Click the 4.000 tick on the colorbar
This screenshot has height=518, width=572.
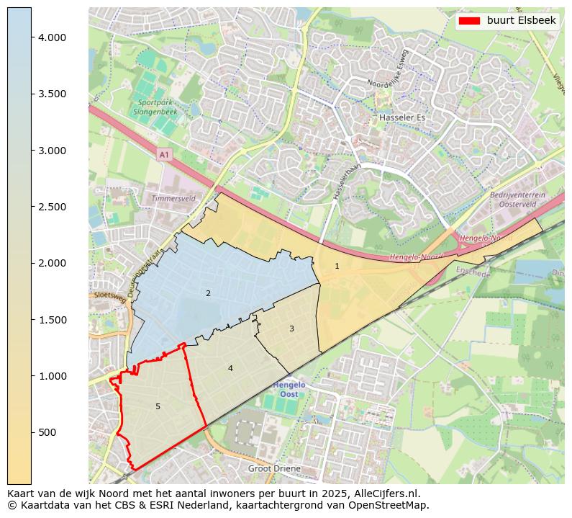click(51, 37)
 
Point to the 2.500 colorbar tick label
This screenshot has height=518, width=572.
click(51, 207)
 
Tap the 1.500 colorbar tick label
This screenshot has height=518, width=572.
click(51, 320)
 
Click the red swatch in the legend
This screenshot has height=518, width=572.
click(468, 21)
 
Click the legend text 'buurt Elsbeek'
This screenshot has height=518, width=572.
click(521, 21)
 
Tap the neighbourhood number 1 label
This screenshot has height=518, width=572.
click(337, 267)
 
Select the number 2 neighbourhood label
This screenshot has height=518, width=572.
click(208, 293)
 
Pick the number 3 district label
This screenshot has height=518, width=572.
click(291, 329)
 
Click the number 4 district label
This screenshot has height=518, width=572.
click(230, 368)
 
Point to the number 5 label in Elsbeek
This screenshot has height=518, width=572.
click(158, 407)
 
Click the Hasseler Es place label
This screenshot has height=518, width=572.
click(404, 116)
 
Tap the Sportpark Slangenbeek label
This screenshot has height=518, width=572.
click(157, 107)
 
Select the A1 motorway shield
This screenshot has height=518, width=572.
click(164, 155)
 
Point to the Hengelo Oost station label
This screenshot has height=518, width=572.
click(290, 389)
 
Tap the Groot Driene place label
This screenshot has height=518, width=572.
click(274, 468)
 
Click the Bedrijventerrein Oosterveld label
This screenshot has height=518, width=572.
click(517, 200)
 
